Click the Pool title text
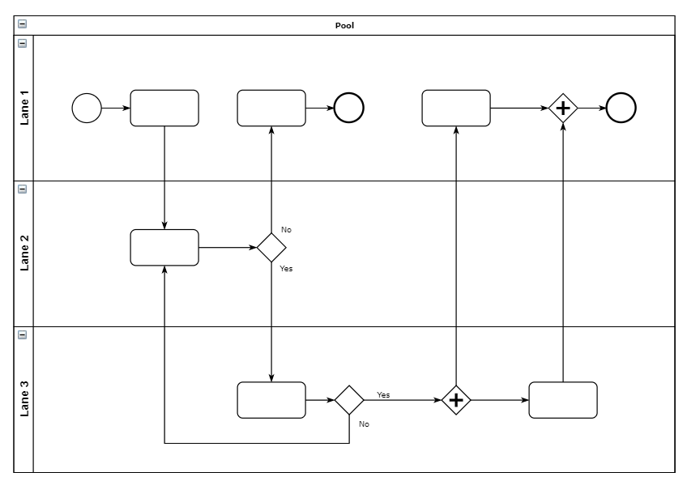pyautogui.click(x=344, y=25)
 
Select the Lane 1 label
pyautogui.click(x=24, y=108)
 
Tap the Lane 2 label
pyautogui.click(x=24, y=253)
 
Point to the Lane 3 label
pyautogui.click(x=24, y=399)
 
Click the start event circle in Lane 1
pyautogui.click(x=87, y=108)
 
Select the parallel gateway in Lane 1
pyautogui.click(x=563, y=108)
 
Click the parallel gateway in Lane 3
pyautogui.click(x=456, y=400)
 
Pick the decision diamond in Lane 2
pyautogui.click(x=271, y=247)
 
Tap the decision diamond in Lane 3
pyautogui.click(x=349, y=400)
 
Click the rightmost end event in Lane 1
pyautogui.click(x=621, y=108)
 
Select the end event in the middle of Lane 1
pyautogui.click(x=349, y=108)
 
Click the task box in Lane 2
pyautogui.click(x=164, y=247)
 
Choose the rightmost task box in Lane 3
pyautogui.click(x=563, y=400)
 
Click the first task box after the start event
pyautogui.click(x=164, y=108)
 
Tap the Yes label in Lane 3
pyautogui.click(x=383, y=394)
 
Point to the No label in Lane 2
pyautogui.click(x=286, y=229)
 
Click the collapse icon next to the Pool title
pyautogui.click(x=22, y=24)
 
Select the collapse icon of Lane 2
pyautogui.click(x=22, y=189)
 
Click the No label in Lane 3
pyautogui.click(x=364, y=424)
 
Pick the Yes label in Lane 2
pyautogui.click(x=286, y=268)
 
